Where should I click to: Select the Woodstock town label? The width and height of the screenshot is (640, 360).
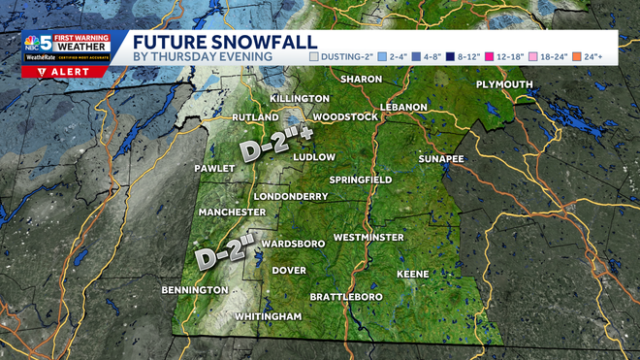[x=345, y=117]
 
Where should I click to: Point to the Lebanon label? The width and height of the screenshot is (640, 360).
[x=404, y=106]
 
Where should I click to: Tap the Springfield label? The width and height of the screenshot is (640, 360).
[x=360, y=180]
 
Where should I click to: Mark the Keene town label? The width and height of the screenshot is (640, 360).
[x=412, y=274]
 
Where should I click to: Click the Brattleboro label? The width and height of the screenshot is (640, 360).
[x=346, y=296]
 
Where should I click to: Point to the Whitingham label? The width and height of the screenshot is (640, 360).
[x=269, y=316]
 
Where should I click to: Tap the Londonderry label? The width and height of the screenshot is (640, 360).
[x=289, y=195]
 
